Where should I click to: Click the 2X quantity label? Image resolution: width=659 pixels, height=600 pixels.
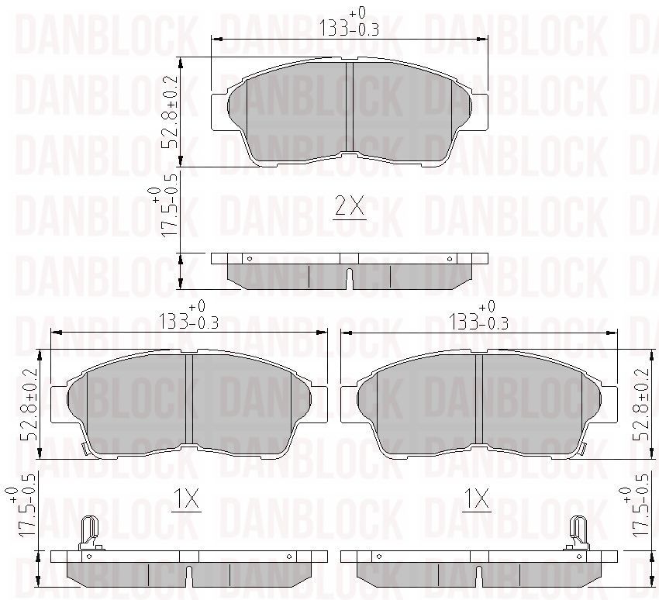click(x=350, y=206)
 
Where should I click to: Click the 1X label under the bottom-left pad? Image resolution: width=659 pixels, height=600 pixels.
click(x=186, y=498)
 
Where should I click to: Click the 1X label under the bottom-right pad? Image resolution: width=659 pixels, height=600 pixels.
click(x=477, y=498)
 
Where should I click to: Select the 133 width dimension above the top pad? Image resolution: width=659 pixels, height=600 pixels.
click(x=349, y=22)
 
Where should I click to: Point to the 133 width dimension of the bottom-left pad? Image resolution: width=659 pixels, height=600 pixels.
click(x=188, y=316)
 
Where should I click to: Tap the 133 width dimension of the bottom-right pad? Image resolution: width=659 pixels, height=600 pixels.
click(x=478, y=316)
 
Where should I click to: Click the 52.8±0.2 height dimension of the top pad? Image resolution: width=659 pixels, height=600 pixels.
click(x=171, y=112)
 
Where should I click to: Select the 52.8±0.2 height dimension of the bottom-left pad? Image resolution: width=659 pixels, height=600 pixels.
click(x=31, y=404)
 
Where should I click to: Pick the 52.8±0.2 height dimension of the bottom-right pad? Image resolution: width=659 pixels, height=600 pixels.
click(x=642, y=404)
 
